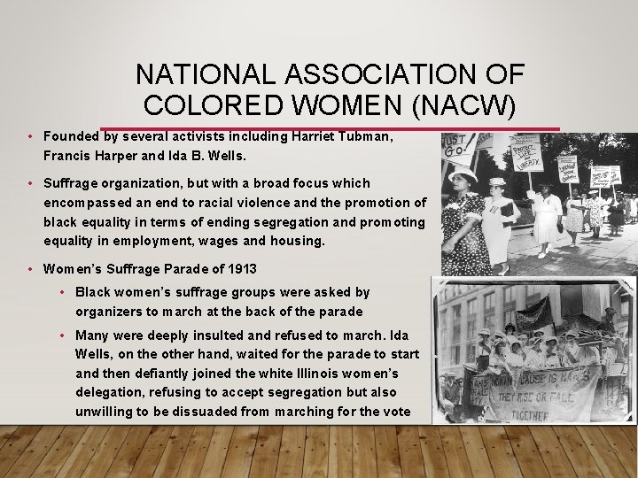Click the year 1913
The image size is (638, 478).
(x=240, y=268)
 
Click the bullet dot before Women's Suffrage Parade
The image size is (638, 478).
(x=29, y=269)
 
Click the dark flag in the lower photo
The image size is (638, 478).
(x=533, y=315)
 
